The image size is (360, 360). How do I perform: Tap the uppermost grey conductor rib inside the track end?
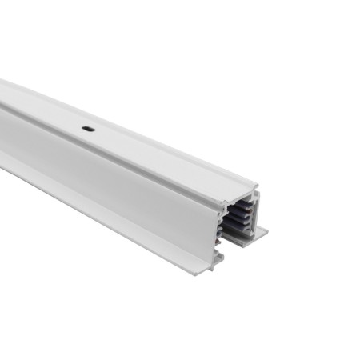241,207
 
